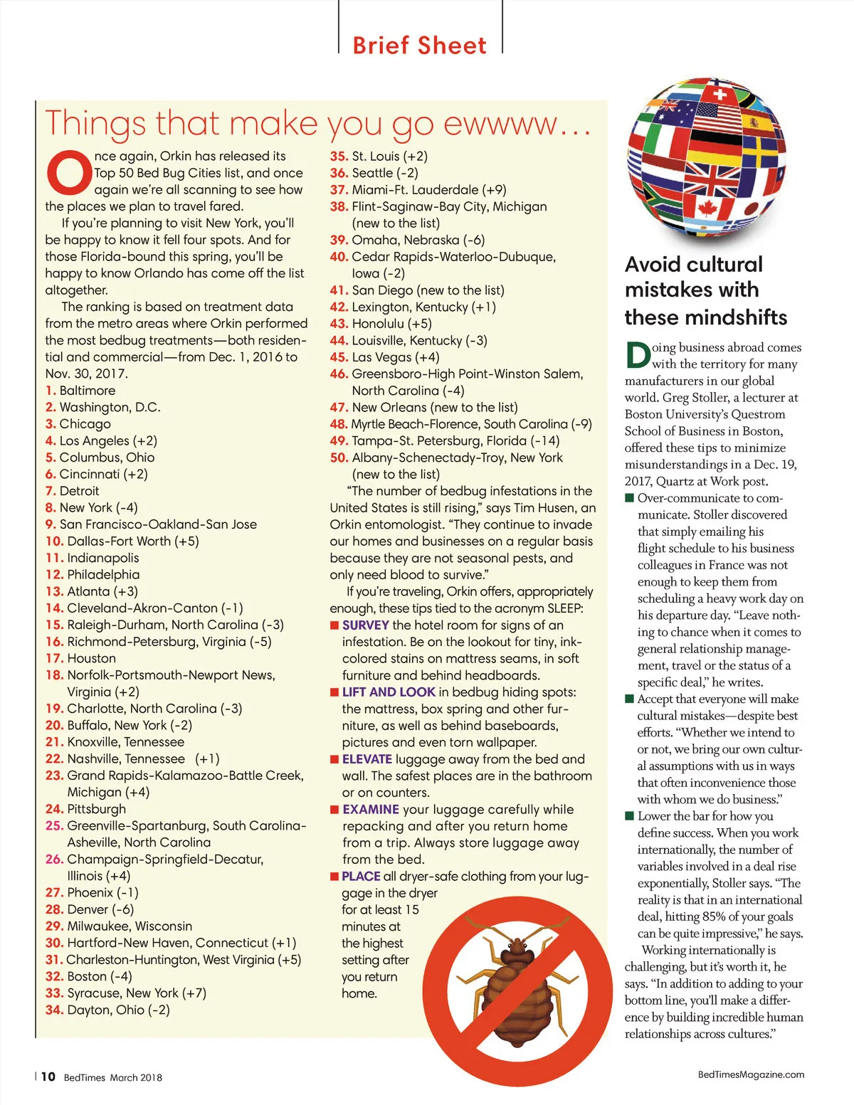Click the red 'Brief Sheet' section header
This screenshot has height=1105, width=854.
pos(419,46)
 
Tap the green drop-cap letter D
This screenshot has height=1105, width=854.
pos(638,355)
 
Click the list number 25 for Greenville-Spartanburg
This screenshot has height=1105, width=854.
pos(54,826)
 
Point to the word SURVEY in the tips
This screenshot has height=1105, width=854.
pos(365,625)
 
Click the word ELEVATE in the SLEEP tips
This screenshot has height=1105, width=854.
pos(367,759)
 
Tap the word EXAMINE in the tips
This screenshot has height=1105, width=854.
pos(370,810)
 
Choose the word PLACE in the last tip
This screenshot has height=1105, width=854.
pos(361,877)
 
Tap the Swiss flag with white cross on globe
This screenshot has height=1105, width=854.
pos(720,94)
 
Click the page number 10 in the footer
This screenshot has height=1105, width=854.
pos(48,1077)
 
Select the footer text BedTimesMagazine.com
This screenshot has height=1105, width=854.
pos(751,1074)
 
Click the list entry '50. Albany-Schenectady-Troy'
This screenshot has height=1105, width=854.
pos(446,458)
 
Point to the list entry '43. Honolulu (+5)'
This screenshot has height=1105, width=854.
pos(381,324)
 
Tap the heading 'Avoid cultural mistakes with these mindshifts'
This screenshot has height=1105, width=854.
pos(705,290)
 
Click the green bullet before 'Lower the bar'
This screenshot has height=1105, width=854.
pos(629,815)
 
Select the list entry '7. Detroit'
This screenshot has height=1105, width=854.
pos(72,491)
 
